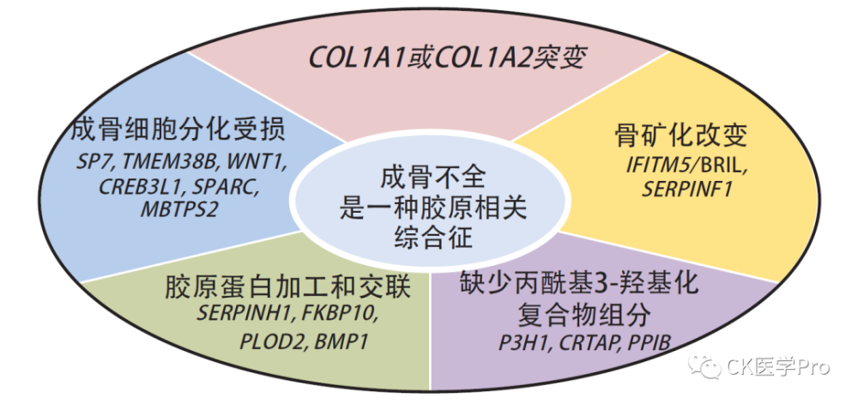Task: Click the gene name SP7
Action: (93, 162)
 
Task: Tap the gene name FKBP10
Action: (338, 314)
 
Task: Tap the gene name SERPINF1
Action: (686, 189)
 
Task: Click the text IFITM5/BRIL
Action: (687, 165)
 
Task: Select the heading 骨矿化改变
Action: (680, 136)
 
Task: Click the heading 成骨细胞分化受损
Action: (178, 130)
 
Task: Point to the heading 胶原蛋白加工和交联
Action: (287, 288)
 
